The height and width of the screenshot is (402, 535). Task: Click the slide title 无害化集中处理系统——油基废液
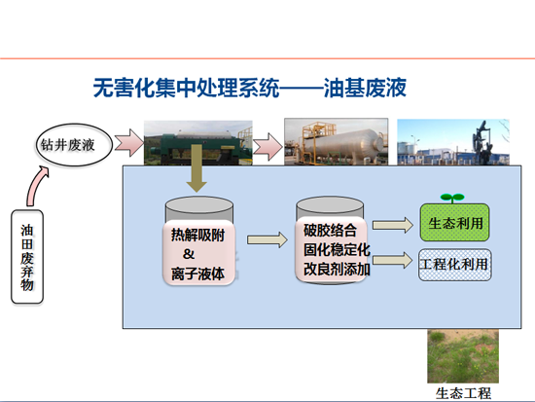(250, 88)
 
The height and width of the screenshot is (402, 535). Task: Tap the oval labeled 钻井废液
(74, 145)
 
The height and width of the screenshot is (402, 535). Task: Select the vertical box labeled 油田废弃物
(27, 257)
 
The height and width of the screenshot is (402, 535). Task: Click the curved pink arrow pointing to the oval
(36, 185)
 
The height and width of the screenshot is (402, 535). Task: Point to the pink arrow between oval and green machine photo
(129, 143)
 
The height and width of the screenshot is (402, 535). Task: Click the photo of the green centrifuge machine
(197, 143)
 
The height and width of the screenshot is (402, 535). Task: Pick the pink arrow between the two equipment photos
(267, 147)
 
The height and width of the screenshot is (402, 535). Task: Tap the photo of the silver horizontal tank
(337, 142)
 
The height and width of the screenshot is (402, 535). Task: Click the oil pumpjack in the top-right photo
(481, 141)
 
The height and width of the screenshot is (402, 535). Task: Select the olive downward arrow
(196, 168)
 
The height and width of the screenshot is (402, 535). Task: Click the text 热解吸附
(197, 235)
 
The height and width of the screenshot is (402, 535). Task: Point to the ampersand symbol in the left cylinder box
(189, 254)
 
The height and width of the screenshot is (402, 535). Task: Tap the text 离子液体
(197, 274)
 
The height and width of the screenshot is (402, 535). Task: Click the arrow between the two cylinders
(267, 239)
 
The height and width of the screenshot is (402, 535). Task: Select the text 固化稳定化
(337, 250)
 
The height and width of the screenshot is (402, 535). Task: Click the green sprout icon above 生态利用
(452, 198)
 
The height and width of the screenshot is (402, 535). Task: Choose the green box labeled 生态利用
(455, 223)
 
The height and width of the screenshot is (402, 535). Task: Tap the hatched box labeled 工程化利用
(455, 265)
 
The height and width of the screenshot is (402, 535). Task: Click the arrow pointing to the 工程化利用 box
(392, 260)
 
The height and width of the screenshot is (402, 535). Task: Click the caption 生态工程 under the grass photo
(463, 394)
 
